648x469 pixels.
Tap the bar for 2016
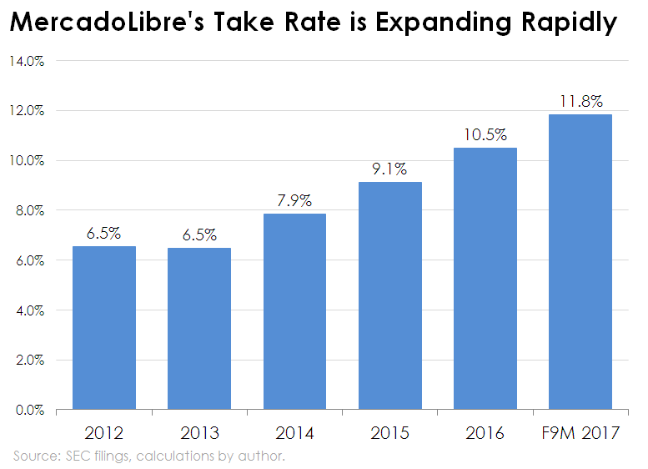(485, 279)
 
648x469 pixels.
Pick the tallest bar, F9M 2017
(580, 262)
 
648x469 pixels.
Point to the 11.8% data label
(580, 102)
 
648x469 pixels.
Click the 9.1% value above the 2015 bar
(390, 169)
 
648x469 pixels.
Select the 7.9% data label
(294, 201)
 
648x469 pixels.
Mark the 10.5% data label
(485, 135)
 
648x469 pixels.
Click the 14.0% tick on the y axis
(28, 61)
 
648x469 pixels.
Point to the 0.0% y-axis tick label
(30, 411)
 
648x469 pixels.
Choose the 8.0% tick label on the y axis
(30, 210)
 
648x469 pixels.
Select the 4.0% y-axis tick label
(30, 310)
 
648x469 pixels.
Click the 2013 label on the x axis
(199, 433)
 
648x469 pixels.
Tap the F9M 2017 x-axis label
(580, 433)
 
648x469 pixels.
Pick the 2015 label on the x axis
(390, 433)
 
